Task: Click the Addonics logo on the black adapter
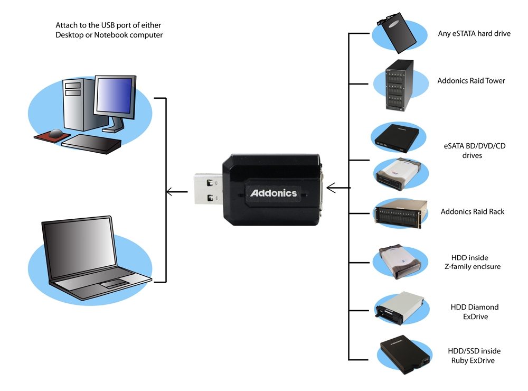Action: tap(273, 193)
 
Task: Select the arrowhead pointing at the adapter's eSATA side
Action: tap(331, 187)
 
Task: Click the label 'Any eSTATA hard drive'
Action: tap(474, 34)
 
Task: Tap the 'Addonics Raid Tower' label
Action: tap(471, 81)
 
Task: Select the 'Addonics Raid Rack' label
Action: tap(472, 212)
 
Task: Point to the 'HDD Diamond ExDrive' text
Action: tap(474, 312)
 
